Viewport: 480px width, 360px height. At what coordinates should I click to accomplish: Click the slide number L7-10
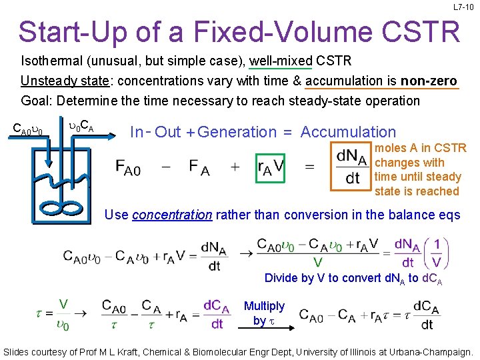(x=464, y=7)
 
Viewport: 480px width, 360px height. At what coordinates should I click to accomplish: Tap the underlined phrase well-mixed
(x=281, y=61)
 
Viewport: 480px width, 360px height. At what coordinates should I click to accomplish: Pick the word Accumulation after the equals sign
(x=348, y=132)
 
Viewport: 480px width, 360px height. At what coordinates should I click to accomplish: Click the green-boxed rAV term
(x=270, y=166)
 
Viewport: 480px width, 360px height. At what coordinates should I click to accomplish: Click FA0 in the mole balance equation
(x=128, y=167)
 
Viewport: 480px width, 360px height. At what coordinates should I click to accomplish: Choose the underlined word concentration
(x=172, y=215)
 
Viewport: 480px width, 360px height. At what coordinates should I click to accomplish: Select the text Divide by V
(x=299, y=278)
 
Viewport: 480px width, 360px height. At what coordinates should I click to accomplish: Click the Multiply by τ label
(x=264, y=313)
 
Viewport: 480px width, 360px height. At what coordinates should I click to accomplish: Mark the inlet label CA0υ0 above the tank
(x=29, y=127)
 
